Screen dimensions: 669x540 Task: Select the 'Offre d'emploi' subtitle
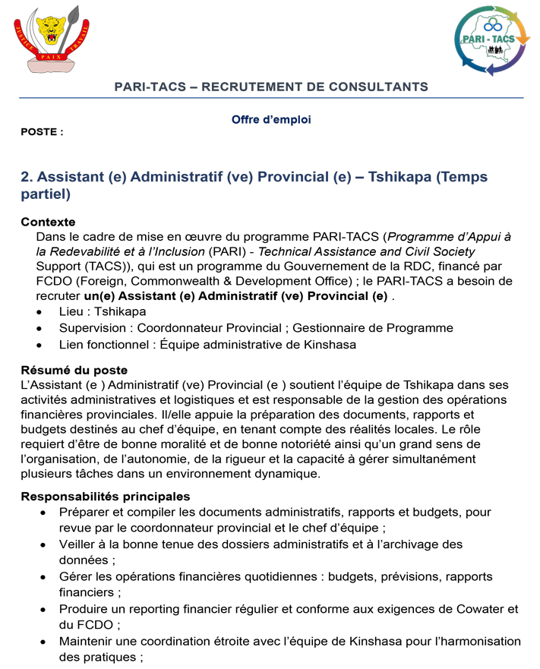[x=271, y=120]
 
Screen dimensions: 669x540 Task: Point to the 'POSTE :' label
[x=42, y=132]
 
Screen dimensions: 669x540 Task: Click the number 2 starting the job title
[x=26, y=177]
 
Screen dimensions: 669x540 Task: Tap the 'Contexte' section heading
[x=48, y=222]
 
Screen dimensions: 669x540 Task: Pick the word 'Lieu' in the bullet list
[x=71, y=312]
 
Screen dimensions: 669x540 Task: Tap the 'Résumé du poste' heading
[x=74, y=371]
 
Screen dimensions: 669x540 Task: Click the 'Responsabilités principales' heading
[x=105, y=497]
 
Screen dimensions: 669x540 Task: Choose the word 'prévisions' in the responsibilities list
[x=399, y=576]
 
